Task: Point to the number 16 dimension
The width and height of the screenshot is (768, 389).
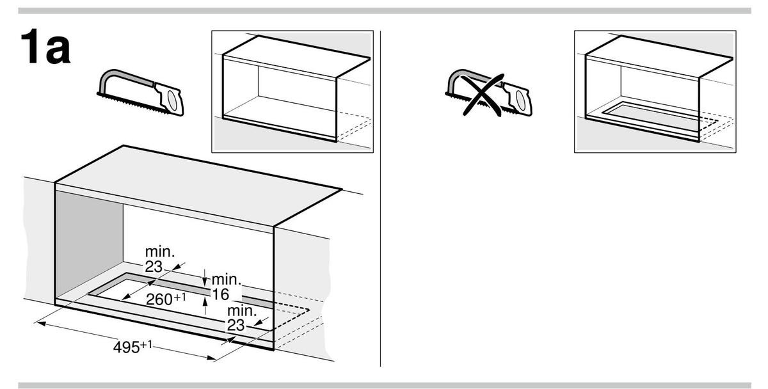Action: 220,295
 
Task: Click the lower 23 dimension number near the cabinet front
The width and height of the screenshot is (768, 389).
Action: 236,325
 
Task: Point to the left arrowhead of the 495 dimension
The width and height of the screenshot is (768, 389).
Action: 38,323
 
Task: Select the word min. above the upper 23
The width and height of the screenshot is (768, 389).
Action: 158,251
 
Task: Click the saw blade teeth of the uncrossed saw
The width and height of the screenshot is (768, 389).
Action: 128,103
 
